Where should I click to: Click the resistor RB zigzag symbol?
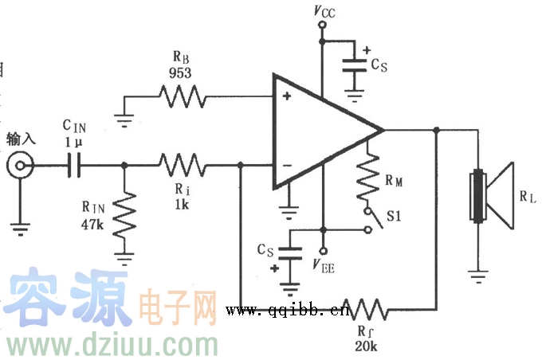coord(183,98)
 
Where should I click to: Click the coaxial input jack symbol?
coord(19,166)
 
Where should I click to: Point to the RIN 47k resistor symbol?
coord(124,214)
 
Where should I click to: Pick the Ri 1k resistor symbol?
coord(183,166)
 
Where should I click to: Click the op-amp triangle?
coord(319,131)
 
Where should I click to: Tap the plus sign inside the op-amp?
coord(285,98)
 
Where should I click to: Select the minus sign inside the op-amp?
coord(285,166)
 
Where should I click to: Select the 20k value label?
coord(367,345)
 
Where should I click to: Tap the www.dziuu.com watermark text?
coord(112,345)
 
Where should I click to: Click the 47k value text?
coord(92,224)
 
